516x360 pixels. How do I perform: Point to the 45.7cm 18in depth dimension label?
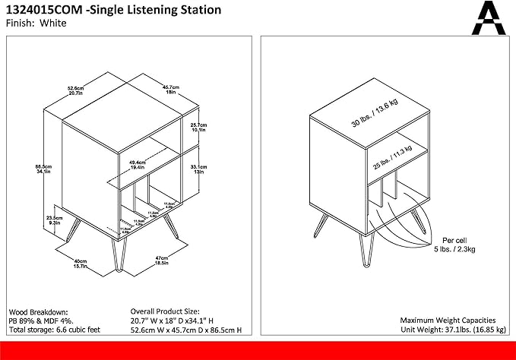pyautogui.click(x=170, y=88)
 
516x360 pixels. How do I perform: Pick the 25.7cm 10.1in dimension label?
pyautogui.click(x=198, y=126)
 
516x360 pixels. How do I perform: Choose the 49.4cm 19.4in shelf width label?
pyautogui.click(x=138, y=163)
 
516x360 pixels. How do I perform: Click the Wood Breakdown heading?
pyautogui.click(x=39, y=312)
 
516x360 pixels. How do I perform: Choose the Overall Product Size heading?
pyautogui.click(x=165, y=312)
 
